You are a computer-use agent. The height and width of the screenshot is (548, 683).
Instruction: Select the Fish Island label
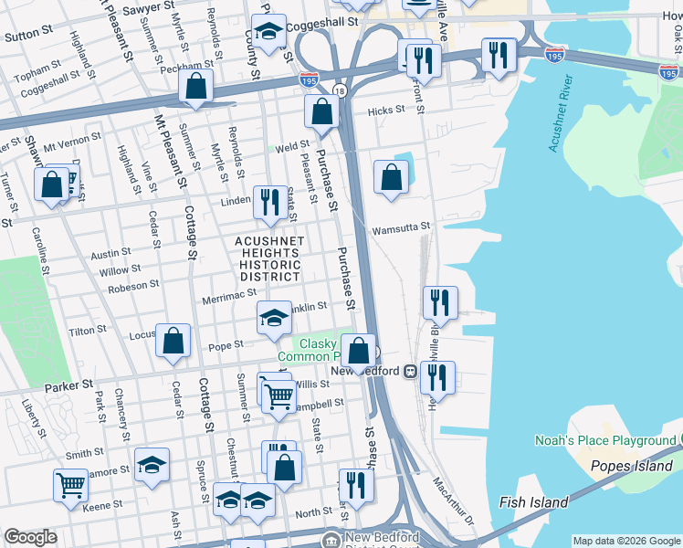(534, 502)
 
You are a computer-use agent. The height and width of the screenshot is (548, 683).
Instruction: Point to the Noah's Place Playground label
(605, 441)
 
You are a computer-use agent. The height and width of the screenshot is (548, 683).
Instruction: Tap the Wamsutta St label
(399, 227)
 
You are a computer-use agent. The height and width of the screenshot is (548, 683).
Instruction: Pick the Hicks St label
(386, 111)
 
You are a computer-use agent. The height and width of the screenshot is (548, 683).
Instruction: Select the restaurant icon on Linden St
(268, 200)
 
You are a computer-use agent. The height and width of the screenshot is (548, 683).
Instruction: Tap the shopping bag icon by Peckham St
(196, 86)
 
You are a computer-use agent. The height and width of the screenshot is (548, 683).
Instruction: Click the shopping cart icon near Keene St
(70, 484)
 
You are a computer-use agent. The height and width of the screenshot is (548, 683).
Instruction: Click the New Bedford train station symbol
(411, 372)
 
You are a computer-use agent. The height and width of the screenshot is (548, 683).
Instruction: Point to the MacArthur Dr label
(454, 501)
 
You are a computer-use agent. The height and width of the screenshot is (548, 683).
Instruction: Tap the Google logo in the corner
(31, 537)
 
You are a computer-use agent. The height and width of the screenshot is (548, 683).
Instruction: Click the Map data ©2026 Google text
(626, 541)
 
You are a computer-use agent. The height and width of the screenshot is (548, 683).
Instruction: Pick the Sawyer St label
(147, 6)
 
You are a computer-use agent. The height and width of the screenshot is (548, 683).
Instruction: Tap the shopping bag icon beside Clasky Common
(360, 349)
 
